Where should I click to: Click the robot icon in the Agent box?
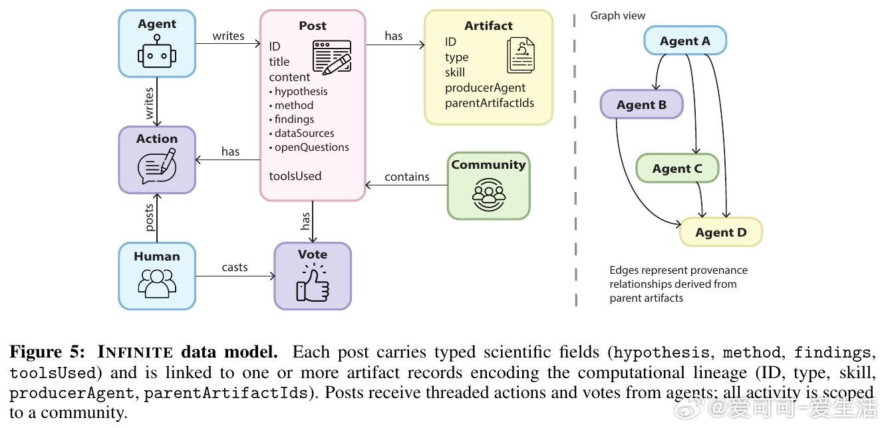click(157, 54)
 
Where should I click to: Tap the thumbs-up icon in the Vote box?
click(312, 284)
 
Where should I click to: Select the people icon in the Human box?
click(157, 282)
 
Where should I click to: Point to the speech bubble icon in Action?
click(157, 166)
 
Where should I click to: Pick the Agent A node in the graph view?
click(684, 41)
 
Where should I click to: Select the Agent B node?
click(641, 105)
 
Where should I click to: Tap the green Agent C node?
click(677, 169)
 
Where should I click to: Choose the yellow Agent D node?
click(720, 233)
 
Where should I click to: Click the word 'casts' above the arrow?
click(235, 267)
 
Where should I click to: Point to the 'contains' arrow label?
click(407, 177)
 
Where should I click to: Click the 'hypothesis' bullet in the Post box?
click(301, 91)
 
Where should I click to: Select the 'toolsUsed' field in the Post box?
click(295, 176)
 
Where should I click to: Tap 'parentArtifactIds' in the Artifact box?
click(490, 103)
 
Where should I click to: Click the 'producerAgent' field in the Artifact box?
click(485, 88)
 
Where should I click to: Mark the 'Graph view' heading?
click(618, 15)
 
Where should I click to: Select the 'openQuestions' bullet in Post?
click(311, 147)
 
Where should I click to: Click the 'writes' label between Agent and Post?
click(228, 36)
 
